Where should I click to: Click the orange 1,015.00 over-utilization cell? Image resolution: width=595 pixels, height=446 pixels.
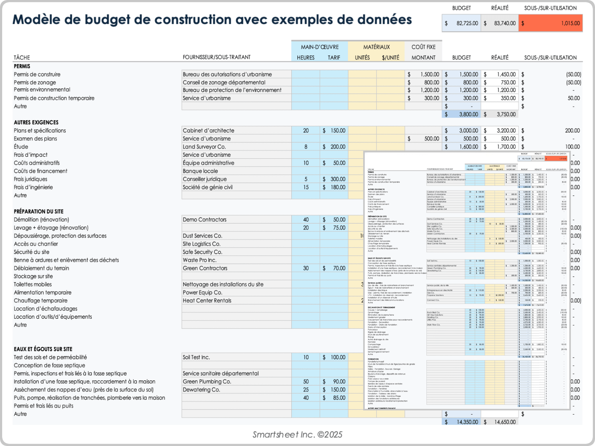pyautogui.click(x=551, y=23)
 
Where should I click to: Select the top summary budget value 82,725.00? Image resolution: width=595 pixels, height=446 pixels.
pyautogui.click(x=462, y=23)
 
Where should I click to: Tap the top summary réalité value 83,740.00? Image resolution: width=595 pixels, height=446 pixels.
pyautogui.click(x=500, y=23)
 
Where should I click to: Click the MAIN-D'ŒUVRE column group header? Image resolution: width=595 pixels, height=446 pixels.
pyautogui.click(x=320, y=47)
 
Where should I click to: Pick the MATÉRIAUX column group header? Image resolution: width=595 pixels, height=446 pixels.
pyautogui.click(x=376, y=47)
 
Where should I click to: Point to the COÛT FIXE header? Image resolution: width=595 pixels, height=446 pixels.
pyautogui.click(x=423, y=47)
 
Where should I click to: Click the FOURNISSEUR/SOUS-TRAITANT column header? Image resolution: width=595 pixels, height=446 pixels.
pyautogui.click(x=217, y=57)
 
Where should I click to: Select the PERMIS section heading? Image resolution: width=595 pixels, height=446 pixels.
pyautogui.click(x=22, y=66)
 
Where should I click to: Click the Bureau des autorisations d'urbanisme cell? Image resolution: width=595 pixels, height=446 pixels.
pyautogui.click(x=227, y=74)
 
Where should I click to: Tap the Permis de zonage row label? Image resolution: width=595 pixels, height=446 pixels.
pyautogui.click(x=35, y=82)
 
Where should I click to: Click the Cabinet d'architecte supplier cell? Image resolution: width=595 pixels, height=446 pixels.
pyautogui.click(x=209, y=131)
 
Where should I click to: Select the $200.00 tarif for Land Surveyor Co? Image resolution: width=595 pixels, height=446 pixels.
pyautogui.click(x=334, y=147)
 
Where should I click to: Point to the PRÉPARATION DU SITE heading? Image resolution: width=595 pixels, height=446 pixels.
pyautogui.click(x=39, y=212)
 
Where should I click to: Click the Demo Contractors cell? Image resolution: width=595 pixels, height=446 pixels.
pyautogui.click(x=205, y=220)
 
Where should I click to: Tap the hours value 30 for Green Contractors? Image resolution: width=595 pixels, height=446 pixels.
pyautogui.click(x=306, y=268)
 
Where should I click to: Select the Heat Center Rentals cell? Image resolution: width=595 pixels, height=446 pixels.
pyautogui.click(x=207, y=301)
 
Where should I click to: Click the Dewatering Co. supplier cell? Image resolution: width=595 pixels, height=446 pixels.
pyautogui.click(x=201, y=390)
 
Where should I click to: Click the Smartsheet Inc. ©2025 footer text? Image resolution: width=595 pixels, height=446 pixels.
pyautogui.click(x=297, y=435)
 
